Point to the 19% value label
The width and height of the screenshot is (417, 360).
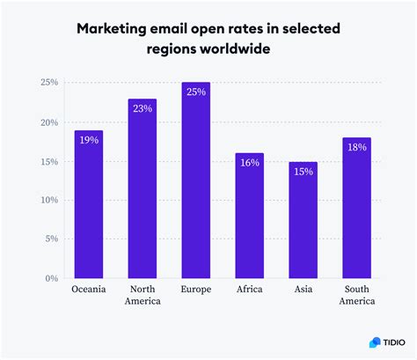[88, 139]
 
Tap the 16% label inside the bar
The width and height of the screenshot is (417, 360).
[249, 162]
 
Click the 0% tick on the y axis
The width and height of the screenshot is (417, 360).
[50, 278]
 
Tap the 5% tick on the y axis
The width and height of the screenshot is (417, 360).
[50, 239]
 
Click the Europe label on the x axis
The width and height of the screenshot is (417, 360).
[195, 289]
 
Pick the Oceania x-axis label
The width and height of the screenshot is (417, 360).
[88, 289]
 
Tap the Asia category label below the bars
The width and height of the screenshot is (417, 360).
[303, 289]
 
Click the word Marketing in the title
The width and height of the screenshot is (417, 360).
[116, 29]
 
